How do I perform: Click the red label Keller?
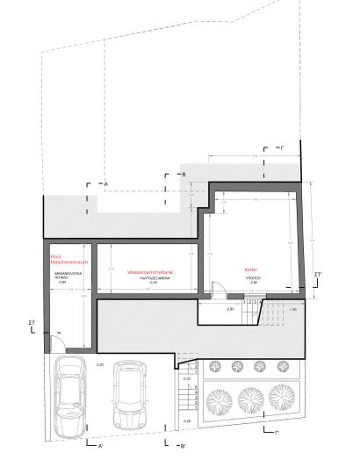pos(250,269)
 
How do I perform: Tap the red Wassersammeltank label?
pos(151,272)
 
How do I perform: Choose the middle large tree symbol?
pos(249,398)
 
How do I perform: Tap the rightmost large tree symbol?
pos(282,395)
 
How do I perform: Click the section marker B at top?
pos(184,175)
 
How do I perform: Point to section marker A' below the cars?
pos(102,446)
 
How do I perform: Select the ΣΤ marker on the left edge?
pos(32,323)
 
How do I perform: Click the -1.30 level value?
pos(292,309)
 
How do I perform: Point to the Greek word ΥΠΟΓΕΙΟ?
pos(253,277)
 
